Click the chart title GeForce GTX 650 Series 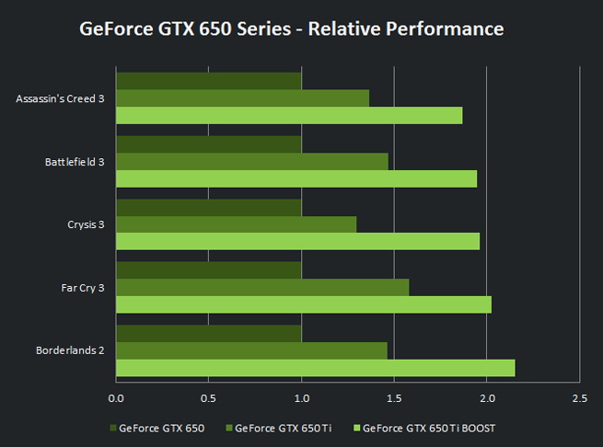pos(291,29)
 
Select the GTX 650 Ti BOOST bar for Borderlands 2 pos(315,367)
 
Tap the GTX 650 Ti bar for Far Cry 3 pos(262,287)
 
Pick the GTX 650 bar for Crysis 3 pos(209,207)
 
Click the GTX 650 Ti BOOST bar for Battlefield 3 pos(296,178)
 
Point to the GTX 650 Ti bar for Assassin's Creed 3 pos(242,98)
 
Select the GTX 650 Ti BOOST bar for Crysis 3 pos(297,241)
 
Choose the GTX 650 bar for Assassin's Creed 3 pos(209,81)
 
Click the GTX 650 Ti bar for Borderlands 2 pos(251,350)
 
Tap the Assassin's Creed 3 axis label pos(60,98)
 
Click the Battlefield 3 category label pos(75,162)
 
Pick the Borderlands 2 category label pos(70,350)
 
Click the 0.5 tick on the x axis pos(208,397)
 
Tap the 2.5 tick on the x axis pos(579,397)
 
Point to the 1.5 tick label pos(394,397)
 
